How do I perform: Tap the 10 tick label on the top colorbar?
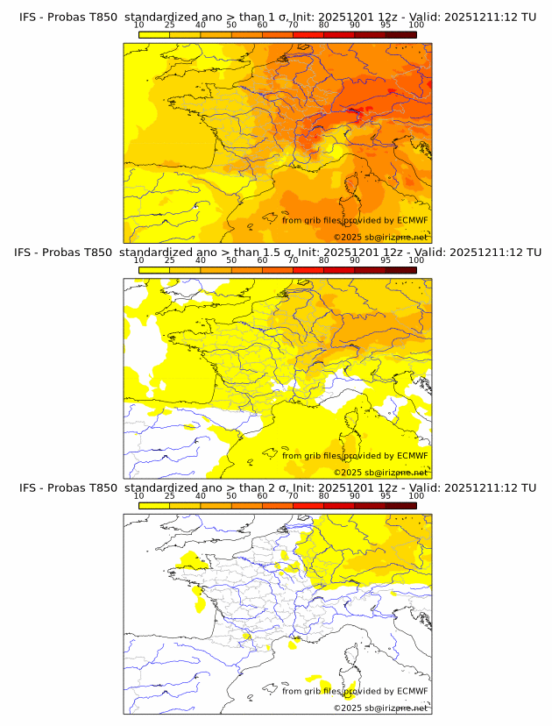tap(139, 25)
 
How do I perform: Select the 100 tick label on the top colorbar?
tap(416, 25)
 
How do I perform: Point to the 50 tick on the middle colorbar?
tap(231, 260)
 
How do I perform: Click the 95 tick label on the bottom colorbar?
tap(386, 495)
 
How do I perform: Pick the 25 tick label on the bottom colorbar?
tap(170, 495)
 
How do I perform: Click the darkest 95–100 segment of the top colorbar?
tap(401, 34)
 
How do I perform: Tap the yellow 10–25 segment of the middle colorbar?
tap(154, 270)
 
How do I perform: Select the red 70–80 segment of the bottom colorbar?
tap(308, 505)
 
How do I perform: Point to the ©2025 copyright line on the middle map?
tap(380, 473)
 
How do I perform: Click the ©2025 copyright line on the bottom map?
tap(380, 708)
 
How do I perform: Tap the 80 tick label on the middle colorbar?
tap(324, 260)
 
